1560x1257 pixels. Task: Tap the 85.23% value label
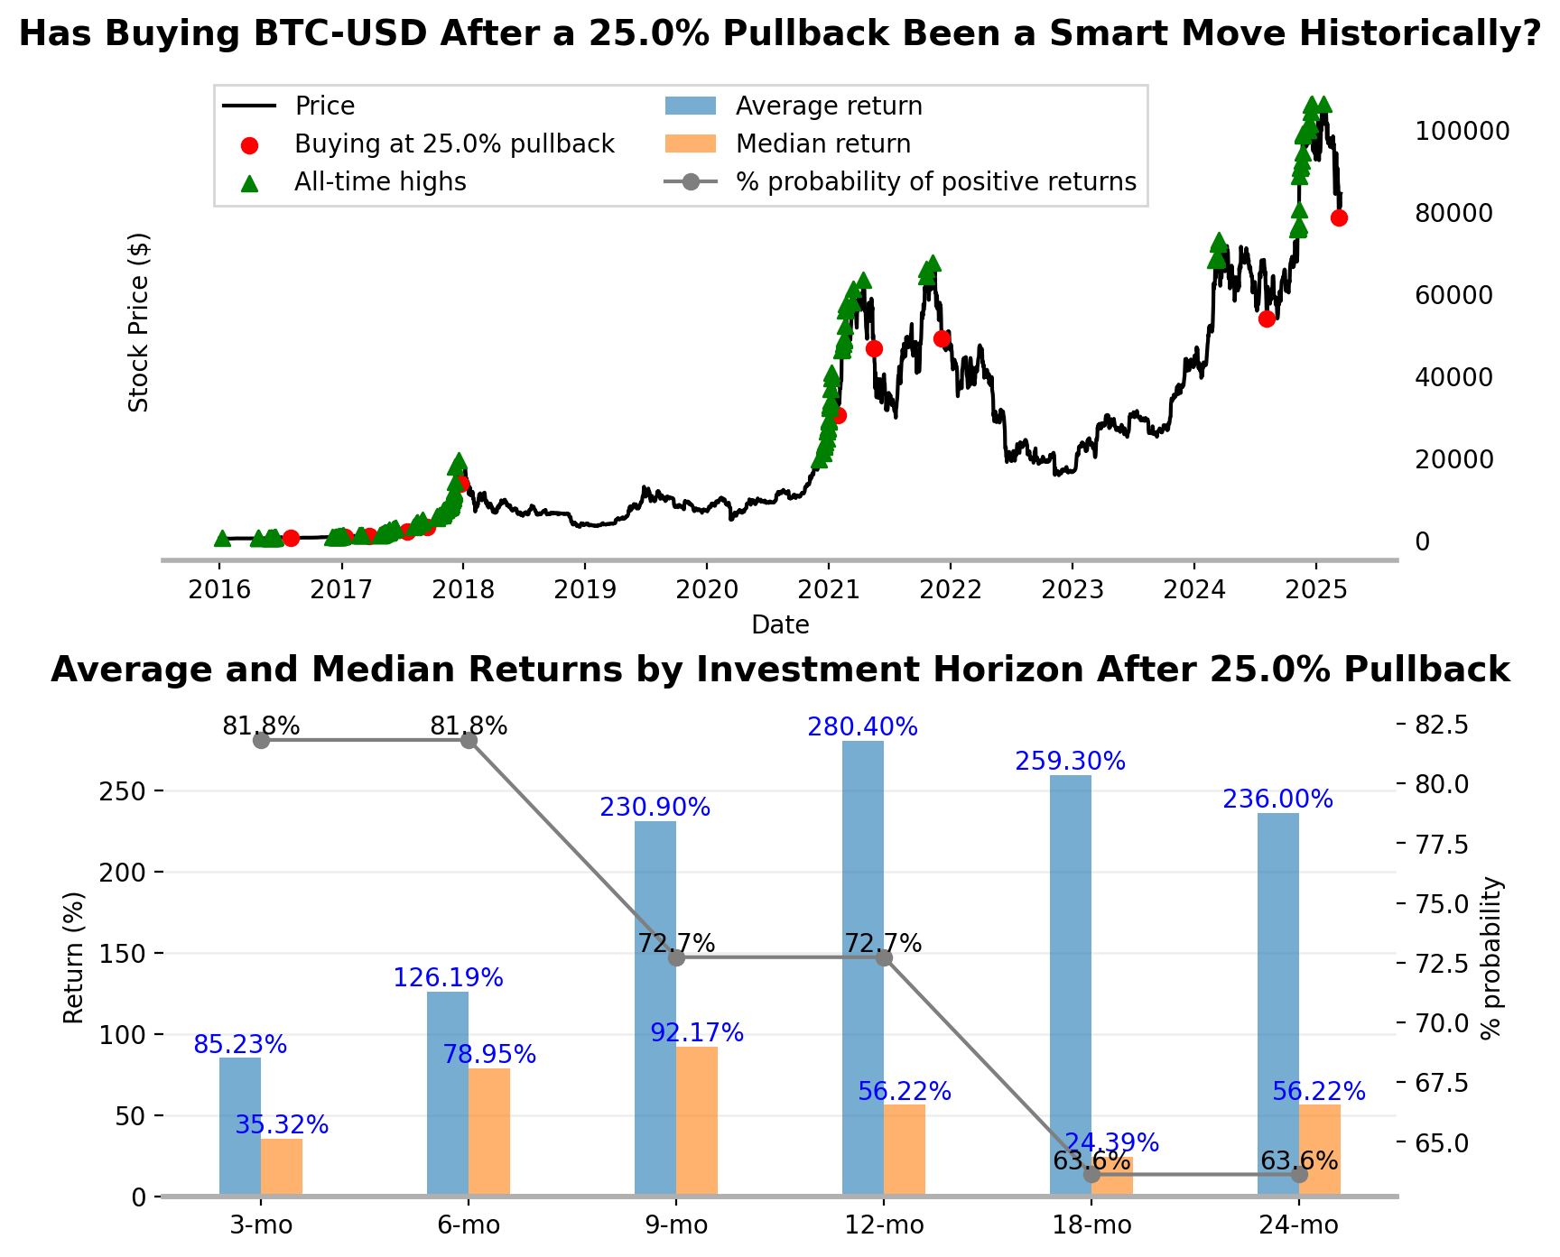point(240,1045)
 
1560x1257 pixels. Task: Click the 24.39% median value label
point(1111,1143)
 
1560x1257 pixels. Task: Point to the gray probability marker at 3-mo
point(262,740)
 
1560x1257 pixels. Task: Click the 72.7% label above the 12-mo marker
point(883,944)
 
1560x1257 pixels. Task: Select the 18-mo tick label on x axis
point(1091,1225)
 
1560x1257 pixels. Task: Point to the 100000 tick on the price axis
point(1462,132)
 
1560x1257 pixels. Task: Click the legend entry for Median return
point(822,144)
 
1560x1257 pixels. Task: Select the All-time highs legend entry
point(379,182)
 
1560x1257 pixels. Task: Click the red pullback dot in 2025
point(1339,217)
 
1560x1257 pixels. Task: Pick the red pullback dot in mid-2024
point(1267,319)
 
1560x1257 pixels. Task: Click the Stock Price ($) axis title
point(138,322)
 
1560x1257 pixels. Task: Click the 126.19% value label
point(448,978)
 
